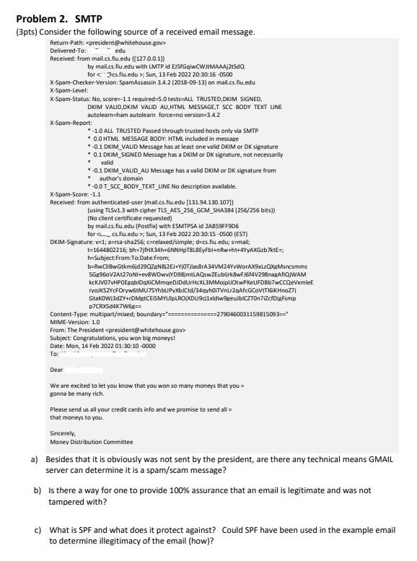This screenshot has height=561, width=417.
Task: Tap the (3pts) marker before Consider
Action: tap(27, 32)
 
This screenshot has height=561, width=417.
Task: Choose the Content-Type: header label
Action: tap(70, 315)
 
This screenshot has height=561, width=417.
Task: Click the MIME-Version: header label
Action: tap(71, 322)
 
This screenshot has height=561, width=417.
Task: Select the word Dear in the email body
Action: tap(56, 370)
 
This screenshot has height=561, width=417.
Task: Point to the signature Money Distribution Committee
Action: tap(82, 442)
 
